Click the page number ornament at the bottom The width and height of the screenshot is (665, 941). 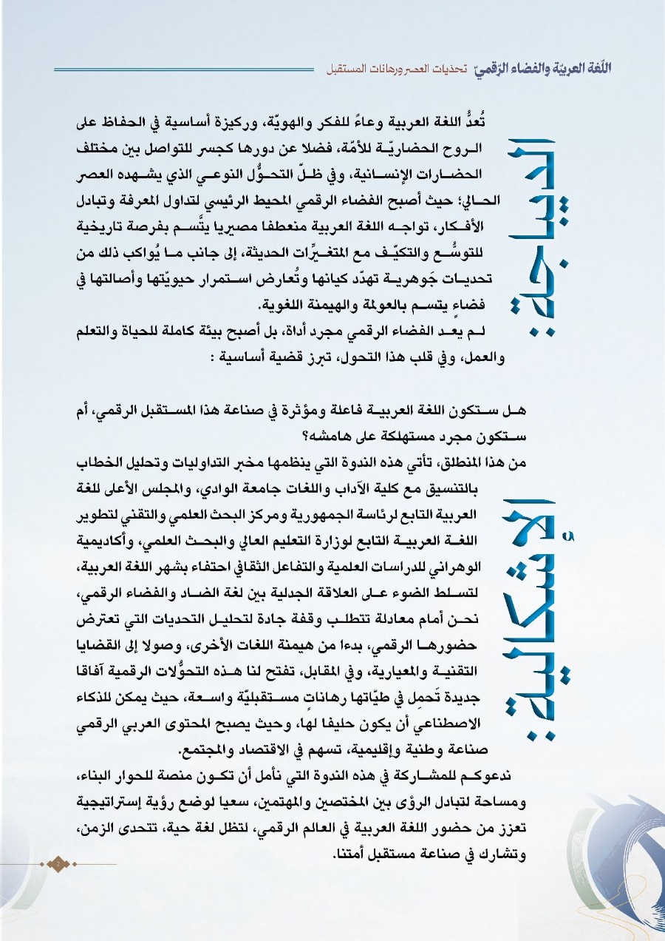[x=56, y=863]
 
